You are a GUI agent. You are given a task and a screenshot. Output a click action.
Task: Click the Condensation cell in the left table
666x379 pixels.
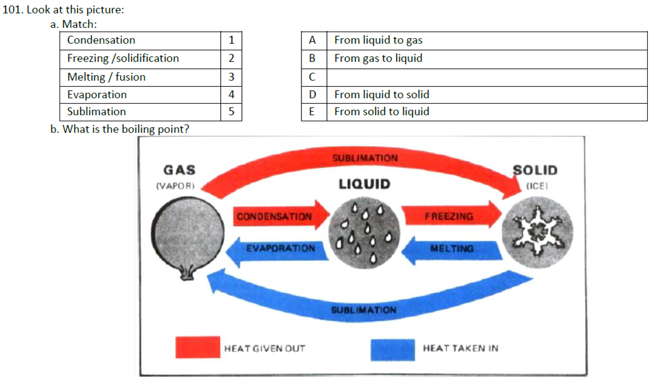pos(140,41)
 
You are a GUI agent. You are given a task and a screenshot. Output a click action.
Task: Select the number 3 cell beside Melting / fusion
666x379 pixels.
pos(231,77)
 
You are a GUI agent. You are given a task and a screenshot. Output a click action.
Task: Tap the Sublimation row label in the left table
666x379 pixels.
pos(140,112)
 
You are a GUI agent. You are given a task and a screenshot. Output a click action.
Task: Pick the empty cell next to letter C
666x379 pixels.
pos(486,77)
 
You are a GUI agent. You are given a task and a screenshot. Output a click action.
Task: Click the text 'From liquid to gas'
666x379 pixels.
pos(378,41)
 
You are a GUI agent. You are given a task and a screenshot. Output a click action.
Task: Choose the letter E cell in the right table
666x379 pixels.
pos(313,112)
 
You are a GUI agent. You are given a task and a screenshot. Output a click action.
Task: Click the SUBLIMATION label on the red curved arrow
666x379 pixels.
pos(365,158)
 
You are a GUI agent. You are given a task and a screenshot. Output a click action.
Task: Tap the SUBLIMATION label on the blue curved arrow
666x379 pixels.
pos(364,310)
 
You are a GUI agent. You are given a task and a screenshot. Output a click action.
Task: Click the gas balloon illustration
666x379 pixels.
pos(182,233)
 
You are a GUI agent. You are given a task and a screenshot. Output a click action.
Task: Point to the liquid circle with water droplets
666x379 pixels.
pos(364,233)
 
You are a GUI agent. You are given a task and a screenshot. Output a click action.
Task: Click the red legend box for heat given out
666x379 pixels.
pos(198,348)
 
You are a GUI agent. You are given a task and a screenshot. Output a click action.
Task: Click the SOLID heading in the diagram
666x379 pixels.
pos(535,170)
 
